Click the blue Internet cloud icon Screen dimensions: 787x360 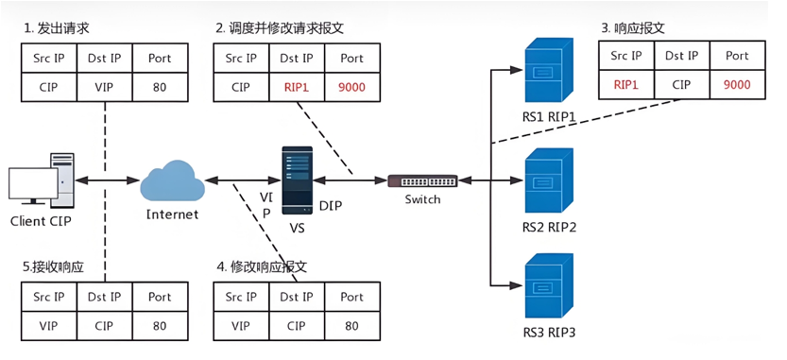(172, 180)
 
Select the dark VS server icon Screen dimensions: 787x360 (297, 180)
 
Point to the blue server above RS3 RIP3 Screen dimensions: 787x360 (549, 286)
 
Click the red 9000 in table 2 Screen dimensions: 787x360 (351, 87)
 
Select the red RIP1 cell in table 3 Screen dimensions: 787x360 (625, 84)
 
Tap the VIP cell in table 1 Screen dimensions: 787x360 (104, 87)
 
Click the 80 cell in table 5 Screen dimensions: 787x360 (160, 326)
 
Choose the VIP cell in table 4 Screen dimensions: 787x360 (242, 326)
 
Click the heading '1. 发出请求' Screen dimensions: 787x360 (57, 28)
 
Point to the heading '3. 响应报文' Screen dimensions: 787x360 (633, 28)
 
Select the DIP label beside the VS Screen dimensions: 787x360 (332, 206)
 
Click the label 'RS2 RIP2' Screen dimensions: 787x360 (549, 228)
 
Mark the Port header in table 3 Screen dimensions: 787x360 (737, 56)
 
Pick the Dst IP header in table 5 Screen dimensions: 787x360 (104, 297)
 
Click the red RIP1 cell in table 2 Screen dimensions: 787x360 (297, 87)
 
